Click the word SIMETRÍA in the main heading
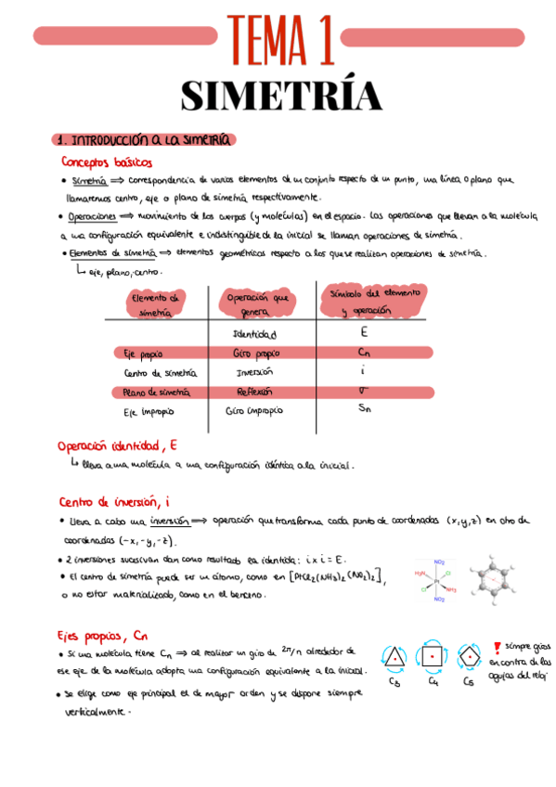tap(280, 96)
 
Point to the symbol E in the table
tap(364, 331)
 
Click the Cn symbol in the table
tap(365, 352)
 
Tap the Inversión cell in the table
tap(255, 372)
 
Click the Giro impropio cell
tap(254, 410)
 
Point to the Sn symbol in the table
tap(365, 407)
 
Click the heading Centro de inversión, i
tap(114, 501)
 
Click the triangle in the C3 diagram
tap(395, 657)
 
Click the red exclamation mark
tap(497, 647)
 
